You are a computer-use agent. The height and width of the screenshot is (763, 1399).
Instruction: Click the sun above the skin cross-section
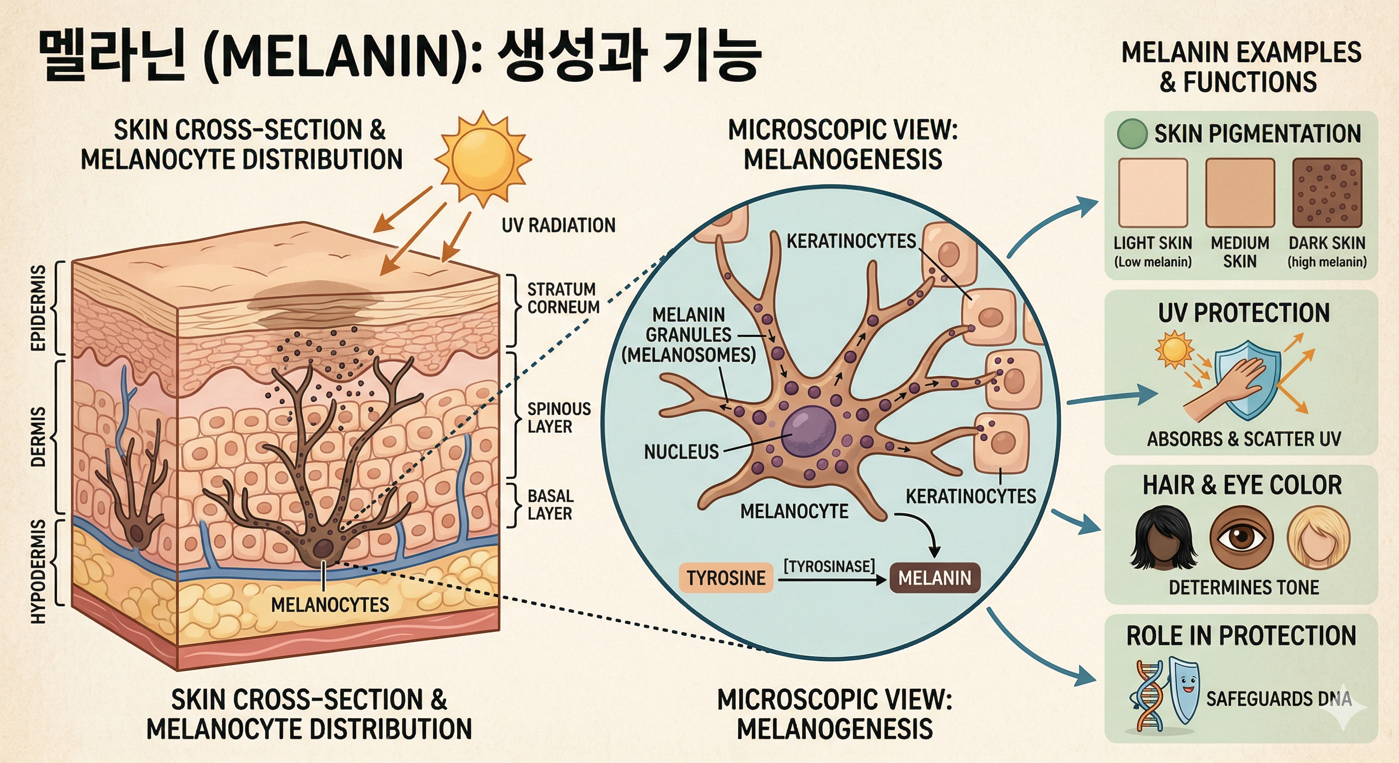(x=482, y=157)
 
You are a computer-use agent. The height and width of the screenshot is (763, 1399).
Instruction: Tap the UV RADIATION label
(x=558, y=226)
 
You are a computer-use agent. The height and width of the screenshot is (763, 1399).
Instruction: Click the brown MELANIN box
(x=934, y=578)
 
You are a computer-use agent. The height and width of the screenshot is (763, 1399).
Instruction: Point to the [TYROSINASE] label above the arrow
(x=829, y=566)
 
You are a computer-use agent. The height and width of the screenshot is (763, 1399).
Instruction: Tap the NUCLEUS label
(x=681, y=452)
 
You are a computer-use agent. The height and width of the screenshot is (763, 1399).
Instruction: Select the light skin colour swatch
(x=1153, y=193)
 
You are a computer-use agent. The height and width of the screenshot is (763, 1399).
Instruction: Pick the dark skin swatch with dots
(x=1327, y=193)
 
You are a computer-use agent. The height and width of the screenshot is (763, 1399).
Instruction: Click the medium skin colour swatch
(x=1240, y=193)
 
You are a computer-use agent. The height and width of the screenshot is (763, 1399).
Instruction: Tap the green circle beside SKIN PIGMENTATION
(x=1132, y=134)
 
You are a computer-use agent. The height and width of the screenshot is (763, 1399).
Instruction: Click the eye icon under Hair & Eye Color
(x=1242, y=537)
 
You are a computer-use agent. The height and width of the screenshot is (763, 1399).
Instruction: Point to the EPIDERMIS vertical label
(x=38, y=308)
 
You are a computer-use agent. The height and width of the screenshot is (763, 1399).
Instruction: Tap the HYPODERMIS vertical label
(x=38, y=570)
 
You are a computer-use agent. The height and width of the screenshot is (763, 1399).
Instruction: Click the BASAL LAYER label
(x=550, y=505)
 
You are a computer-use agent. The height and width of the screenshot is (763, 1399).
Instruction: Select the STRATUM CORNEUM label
(x=563, y=298)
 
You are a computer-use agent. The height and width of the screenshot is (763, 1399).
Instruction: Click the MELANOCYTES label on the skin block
(x=330, y=605)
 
